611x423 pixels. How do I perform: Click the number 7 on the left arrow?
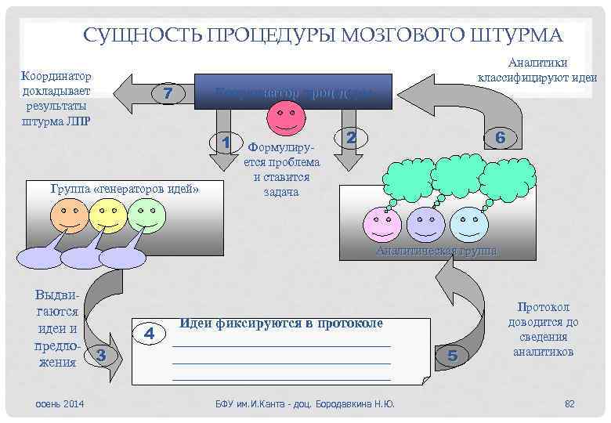click(167, 93)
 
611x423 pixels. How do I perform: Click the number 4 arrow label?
click(151, 332)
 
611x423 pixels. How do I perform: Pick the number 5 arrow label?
click(452, 356)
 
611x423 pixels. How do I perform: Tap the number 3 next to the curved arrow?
click(100, 356)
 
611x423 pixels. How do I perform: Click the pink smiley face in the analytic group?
click(381, 225)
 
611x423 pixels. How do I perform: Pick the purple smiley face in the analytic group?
click(425, 225)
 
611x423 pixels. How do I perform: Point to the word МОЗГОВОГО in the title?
click(391, 35)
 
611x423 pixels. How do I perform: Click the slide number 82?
click(569, 403)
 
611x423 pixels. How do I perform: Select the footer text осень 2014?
click(60, 403)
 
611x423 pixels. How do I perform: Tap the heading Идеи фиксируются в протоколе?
click(281, 323)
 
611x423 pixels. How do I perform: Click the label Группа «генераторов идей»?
click(124, 189)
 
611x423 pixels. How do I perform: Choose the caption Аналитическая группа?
click(436, 251)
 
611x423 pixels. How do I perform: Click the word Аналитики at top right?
click(538, 63)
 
